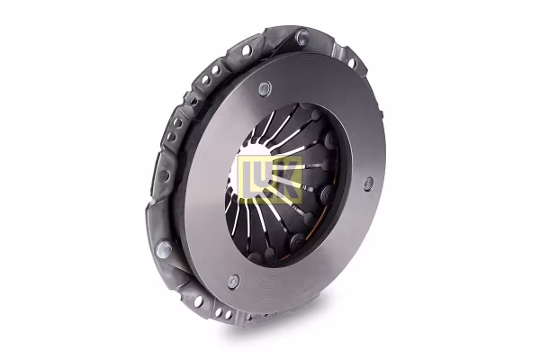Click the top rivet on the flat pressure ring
[264, 88]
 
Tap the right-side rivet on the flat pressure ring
[368, 184]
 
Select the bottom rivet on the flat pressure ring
[232, 282]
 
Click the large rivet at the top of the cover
[302, 37]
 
